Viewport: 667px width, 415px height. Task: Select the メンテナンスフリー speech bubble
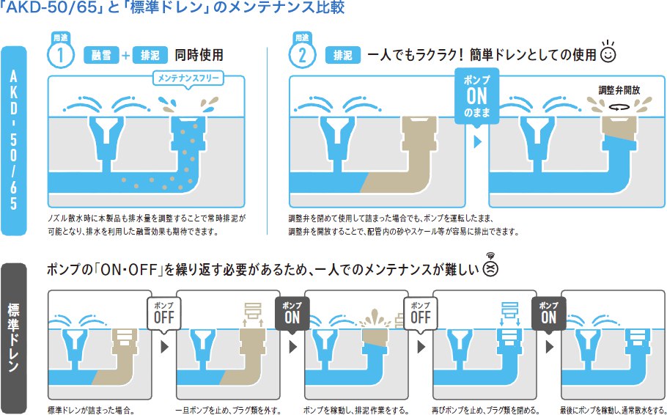(188, 79)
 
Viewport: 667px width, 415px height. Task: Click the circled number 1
(61, 54)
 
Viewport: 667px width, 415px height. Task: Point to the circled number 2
(302, 54)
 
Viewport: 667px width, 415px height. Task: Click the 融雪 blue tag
(101, 55)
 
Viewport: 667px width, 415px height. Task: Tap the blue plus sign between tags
(125, 55)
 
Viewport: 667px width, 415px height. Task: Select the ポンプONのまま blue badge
(476, 97)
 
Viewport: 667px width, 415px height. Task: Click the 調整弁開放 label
(619, 89)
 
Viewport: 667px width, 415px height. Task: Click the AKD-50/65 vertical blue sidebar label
(14, 141)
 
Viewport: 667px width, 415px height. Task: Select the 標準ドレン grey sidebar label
(14, 339)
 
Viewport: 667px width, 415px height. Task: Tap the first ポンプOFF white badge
(163, 314)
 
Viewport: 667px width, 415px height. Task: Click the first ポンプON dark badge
(292, 314)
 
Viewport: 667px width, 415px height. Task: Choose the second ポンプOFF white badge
(420, 314)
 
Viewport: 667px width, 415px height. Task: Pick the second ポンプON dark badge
(549, 314)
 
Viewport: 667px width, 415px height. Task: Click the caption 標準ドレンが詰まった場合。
(91, 411)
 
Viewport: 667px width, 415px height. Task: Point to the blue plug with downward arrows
(510, 313)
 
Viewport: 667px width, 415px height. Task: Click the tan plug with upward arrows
(254, 314)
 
